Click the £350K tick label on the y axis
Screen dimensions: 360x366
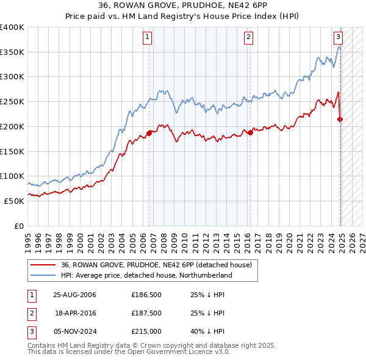pyautogui.click(x=12, y=52)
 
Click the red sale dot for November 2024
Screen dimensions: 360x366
pyautogui.click(x=340, y=120)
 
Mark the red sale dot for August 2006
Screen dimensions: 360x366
pyautogui.click(x=149, y=133)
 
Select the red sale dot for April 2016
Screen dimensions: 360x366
pyautogui.click(x=250, y=132)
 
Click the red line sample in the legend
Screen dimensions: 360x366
pyautogui.click(x=43, y=265)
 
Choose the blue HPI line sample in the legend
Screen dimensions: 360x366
pyautogui.click(x=43, y=275)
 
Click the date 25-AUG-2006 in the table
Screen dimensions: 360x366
pyautogui.click(x=75, y=294)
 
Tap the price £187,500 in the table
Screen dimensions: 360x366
pyautogui.click(x=146, y=312)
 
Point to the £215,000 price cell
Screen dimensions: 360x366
pyautogui.click(x=146, y=331)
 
